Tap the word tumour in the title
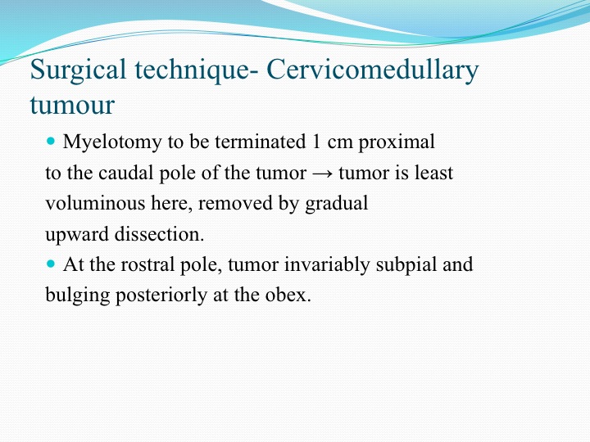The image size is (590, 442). tap(72, 105)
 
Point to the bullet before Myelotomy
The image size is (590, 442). tap(51, 142)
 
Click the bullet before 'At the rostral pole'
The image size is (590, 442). tap(51, 264)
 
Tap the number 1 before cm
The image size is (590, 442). tap(315, 142)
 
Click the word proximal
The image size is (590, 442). tap(397, 142)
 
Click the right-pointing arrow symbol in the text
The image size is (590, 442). tap(323, 174)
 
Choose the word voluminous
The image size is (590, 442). tap(95, 203)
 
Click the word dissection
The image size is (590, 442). tap(159, 234)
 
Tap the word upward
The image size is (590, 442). tap(77, 235)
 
